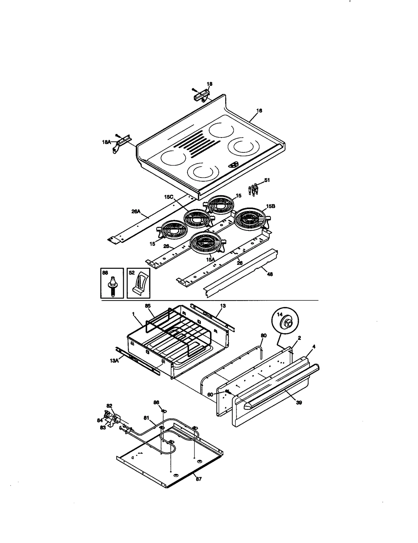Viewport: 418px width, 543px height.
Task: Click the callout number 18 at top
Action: [x=209, y=84]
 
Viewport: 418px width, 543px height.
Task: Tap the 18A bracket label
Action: [x=106, y=142]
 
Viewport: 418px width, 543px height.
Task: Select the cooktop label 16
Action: [x=259, y=111]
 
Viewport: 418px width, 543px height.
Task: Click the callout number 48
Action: [x=270, y=274]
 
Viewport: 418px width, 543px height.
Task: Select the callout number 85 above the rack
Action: [x=148, y=306]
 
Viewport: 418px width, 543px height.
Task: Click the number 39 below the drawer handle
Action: [x=299, y=402]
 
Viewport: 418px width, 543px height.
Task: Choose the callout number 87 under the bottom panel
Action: [x=199, y=479]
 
